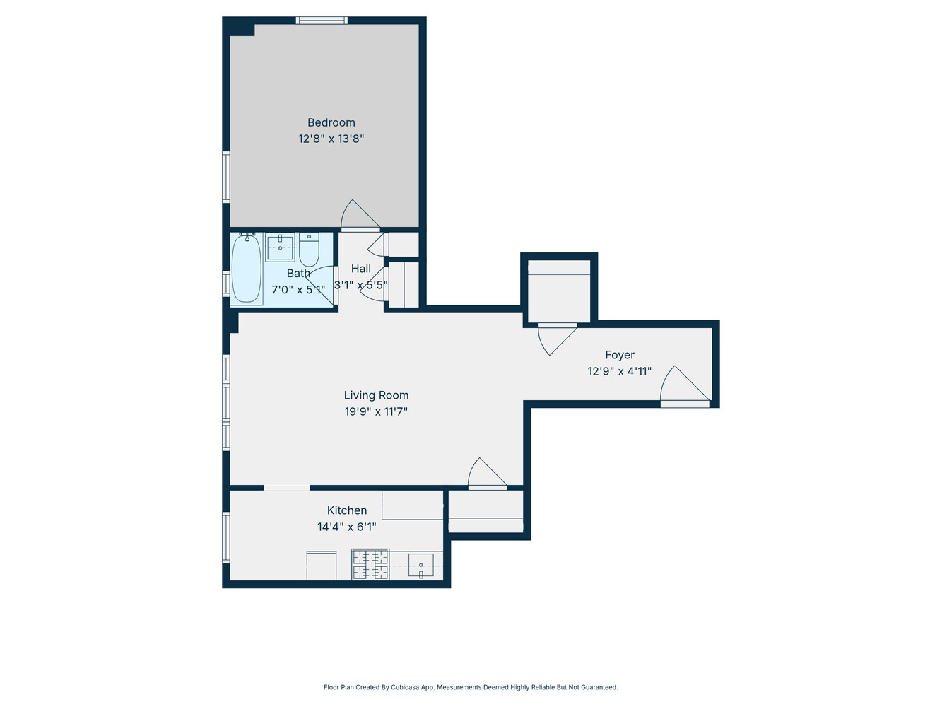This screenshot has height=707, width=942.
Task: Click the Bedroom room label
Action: [x=331, y=122]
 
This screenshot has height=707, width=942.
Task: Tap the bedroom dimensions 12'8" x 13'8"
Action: [x=331, y=139]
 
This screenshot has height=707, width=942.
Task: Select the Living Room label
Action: [x=376, y=395]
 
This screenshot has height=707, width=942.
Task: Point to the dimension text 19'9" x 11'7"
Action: [x=376, y=411]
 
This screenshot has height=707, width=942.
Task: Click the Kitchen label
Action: [x=346, y=510]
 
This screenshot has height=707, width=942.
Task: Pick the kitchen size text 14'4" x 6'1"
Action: [x=346, y=527]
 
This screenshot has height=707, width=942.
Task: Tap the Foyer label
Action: [x=619, y=355]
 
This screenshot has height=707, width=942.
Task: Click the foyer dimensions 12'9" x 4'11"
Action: [x=619, y=371]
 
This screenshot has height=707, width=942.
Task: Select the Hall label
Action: [x=360, y=269]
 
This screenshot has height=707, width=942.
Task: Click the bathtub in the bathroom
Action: [x=247, y=269]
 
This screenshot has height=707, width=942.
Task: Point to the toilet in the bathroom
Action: [x=309, y=249]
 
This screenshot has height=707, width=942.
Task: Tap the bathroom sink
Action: [x=280, y=247]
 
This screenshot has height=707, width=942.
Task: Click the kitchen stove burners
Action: [x=371, y=565]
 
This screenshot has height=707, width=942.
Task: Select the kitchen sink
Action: [x=420, y=566]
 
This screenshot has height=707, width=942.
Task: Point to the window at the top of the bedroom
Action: [x=322, y=21]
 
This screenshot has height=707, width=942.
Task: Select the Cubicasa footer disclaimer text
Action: [x=471, y=687]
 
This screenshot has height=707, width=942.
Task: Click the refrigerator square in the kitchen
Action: [x=322, y=566]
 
